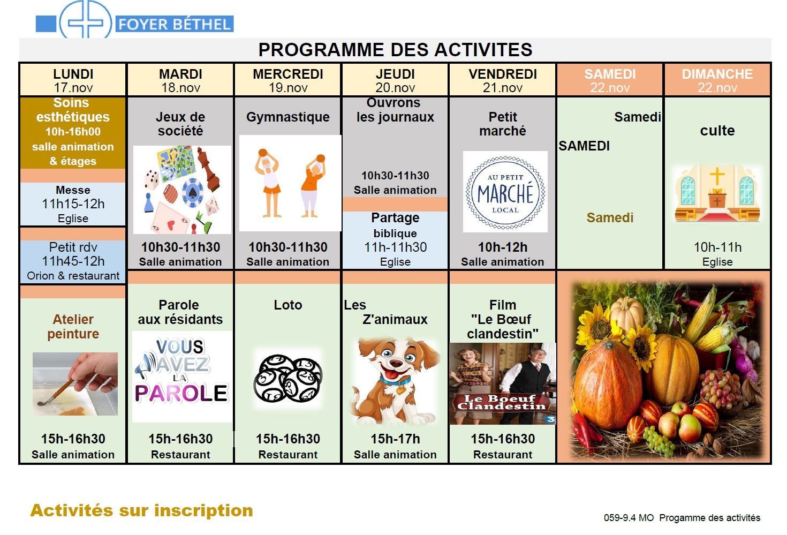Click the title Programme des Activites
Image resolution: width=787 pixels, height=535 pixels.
click(395, 50)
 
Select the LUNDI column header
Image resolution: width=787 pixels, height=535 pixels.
click(73, 80)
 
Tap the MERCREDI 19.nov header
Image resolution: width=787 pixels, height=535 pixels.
click(288, 80)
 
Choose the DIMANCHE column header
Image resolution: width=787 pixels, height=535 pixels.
click(717, 80)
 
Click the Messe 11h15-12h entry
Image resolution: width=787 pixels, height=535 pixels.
click(73, 204)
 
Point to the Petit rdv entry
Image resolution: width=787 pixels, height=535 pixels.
click(73, 261)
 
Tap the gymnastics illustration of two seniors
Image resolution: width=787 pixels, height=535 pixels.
click(290, 183)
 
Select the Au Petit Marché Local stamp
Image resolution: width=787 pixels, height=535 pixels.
click(505, 192)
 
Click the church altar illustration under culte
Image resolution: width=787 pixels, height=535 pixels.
click(717, 193)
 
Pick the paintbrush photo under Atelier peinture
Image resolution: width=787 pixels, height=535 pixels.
click(75, 383)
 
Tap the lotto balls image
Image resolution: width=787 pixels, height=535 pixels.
click(288, 379)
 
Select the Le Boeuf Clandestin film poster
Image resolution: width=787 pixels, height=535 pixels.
click(503, 383)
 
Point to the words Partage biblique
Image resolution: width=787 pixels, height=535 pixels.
click(395, 225)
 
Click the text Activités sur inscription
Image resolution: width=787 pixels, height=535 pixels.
click(142, 510)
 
